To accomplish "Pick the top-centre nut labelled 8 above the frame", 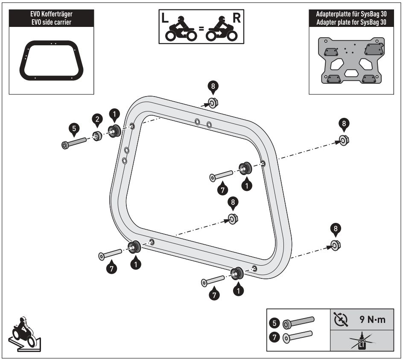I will coord(212,103).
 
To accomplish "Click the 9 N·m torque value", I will coord(373,319).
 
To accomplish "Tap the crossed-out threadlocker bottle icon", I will coord(362,342).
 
